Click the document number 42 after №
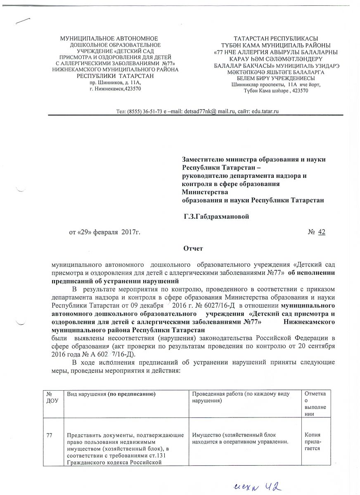[x=322, y=233]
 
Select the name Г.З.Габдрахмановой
[x=217, y=216]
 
